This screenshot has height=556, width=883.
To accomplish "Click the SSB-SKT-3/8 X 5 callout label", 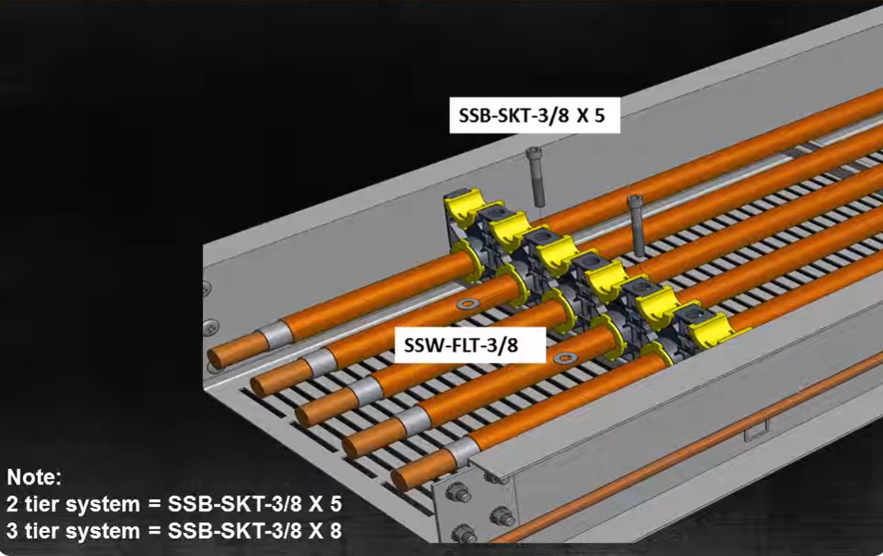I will [x=534, y=115].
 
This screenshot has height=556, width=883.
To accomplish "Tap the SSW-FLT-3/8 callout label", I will [x=471, y=345].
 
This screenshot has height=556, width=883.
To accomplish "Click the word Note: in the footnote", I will [x=34, y=477].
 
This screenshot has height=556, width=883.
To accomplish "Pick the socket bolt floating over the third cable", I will [x=637, y=224].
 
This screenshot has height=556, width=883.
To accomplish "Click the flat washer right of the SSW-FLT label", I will [x=562, y=357].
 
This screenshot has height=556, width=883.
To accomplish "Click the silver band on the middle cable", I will [x=365, y=392].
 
